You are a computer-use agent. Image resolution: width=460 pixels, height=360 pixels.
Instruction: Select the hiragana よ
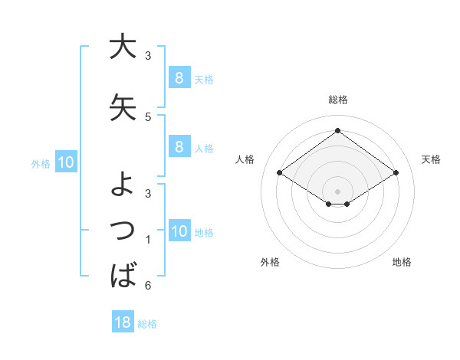(x=123, y=184)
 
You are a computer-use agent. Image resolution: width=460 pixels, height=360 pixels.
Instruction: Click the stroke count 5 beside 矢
(x=148, y=117)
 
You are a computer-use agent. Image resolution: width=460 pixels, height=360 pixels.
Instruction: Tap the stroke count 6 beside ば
(x=148, y=286)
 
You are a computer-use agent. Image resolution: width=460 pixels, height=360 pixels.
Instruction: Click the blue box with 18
(x=123, y=322)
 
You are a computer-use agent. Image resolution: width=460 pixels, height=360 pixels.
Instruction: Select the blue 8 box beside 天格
(x=179, y=77)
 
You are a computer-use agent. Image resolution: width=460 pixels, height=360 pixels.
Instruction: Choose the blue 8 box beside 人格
(x=179, y=147)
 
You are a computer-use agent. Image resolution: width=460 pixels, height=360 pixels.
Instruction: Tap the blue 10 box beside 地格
(x=179, y=231)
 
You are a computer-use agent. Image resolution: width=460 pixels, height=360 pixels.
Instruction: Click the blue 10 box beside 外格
(x=65, y=162)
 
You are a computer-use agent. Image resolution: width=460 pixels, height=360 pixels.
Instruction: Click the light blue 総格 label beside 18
(x=147, y=324)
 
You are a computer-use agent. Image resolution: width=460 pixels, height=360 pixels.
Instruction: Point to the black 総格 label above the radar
(x=337, y=100)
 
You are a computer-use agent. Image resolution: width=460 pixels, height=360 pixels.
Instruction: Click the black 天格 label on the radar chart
(x=431, y=159)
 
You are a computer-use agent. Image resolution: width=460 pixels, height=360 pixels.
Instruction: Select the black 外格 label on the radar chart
(x=270, y=262)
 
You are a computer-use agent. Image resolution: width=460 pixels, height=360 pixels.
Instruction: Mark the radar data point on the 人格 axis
(x=280, y=173)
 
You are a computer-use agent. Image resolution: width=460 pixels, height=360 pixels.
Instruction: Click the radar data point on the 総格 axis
(x=337, y=131)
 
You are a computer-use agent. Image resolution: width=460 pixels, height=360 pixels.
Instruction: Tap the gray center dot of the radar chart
(x=337, y=191)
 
